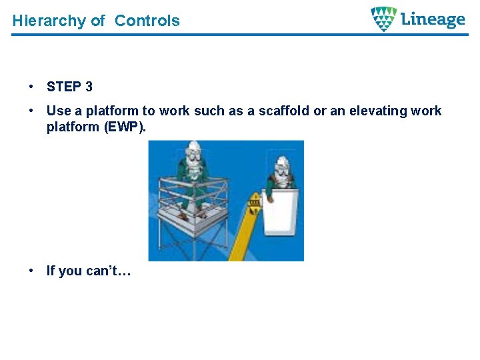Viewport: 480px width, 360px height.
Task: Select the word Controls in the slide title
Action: (147, 21)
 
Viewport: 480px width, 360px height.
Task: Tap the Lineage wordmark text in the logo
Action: (433, 19)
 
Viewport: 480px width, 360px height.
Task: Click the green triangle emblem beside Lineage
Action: (383, 19)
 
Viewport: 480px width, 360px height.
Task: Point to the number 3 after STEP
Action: (89, 87)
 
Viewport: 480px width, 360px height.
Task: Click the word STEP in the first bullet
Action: (63, 87)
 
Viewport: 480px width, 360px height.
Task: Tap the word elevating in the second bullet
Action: (374, 111)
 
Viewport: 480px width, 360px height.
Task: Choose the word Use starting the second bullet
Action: (57, 111)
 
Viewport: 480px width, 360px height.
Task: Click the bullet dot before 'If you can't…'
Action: (31, 271)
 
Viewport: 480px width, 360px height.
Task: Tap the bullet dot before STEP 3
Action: (31, 87)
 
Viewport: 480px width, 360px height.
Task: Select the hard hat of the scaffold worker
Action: (193, 148)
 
